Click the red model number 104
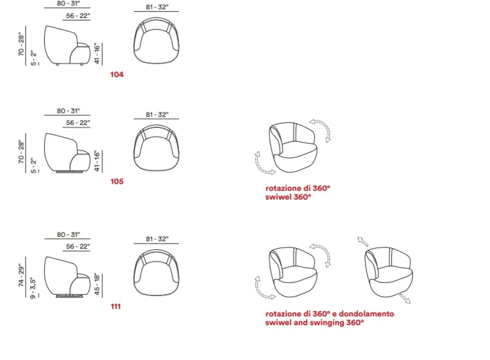pyautogui.click(x=117, y=75)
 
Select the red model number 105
pyautogui.click(x=117, y=181)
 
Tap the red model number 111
pyautogui.click(x=116, y=307)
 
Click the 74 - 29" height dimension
pyautogui.click(x=21, y=275)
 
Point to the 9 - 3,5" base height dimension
pyautogui.click(x=33, y=288)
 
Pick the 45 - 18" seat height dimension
pyautogui.click(x=97, y=284)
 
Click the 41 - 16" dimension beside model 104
pyautogui.click(x=97, y=53)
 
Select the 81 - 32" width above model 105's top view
pyautogui.click(x=157, y=114)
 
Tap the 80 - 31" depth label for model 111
pyautogui.click(x=68, y=234)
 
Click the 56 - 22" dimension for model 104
pyautogui.click(x=78, y=16)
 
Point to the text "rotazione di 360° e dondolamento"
pyautogui.click(x=330, y=314)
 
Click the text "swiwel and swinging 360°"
pyautogui.click(x=315, y=322)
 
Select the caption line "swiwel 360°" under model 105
pyautogui.click(x=288, y=197)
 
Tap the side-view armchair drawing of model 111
pyautogui.click(x=67, y=277)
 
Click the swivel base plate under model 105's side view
pyautogui.click(x=70, y=172)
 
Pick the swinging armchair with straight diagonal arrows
pyautogui.click(x=389, y=272)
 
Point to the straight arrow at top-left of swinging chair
pyautogui.click(x=363, y=241)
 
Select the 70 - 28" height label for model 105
pyautogui.click(x=21, y=152)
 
